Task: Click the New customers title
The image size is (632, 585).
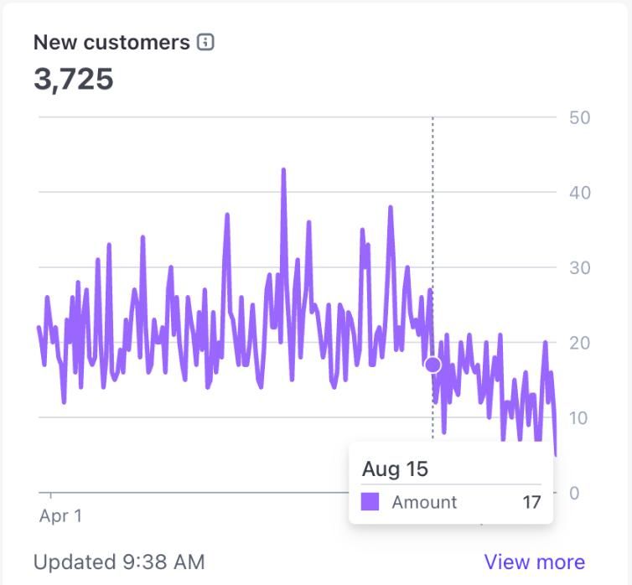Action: click(x=111, y=43)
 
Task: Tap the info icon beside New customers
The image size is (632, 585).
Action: click(x=205, y=42)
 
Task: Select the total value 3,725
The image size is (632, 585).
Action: click(x=74, y=80)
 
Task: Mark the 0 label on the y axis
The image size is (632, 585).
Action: click(x=574, y=493)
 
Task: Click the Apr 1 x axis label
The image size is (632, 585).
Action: click(x=60, y=515)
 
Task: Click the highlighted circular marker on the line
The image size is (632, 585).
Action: click(x=433, y=365)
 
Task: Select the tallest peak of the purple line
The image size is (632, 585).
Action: click(x=283, y=170)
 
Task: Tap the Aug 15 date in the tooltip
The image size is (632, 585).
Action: click(x=395, y=469)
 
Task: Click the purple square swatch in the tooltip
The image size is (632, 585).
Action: click(x=370, y=502)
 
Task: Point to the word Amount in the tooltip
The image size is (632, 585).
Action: click(x=424, y=502)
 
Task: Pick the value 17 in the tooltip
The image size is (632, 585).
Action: click(x=531, y=502)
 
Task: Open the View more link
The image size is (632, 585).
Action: click(x=534, y=562)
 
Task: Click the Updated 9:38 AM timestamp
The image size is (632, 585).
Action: click(x=119, y=562)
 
